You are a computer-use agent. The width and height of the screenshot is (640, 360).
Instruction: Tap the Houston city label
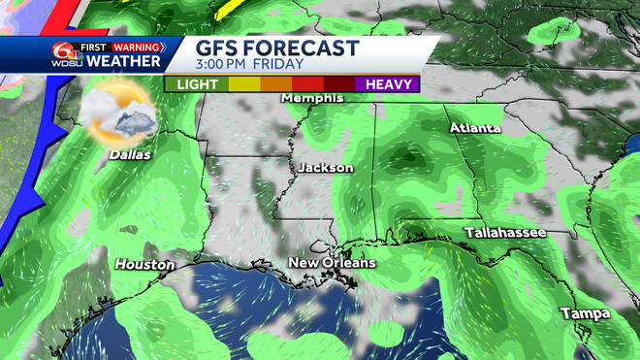(x=144, y=264)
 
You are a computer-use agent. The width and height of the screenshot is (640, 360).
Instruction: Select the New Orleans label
(x=332, y=263)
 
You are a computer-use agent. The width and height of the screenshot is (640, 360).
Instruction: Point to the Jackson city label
(x=326, y=168)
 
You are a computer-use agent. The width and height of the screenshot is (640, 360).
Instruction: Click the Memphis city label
(x=312, y=99)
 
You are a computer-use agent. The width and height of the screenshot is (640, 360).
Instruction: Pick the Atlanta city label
(x=475, y=128)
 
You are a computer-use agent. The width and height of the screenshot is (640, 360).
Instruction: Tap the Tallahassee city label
(x=505, y=233)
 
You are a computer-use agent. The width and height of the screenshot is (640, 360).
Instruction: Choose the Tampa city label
(x=585, y=313)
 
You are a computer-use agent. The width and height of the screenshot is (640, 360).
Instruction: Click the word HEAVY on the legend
(x=387, y=84)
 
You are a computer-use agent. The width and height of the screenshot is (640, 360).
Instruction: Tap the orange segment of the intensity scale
(x=275, y=84)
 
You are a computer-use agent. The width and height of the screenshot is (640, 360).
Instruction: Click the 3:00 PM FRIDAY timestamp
(x=250, y=64)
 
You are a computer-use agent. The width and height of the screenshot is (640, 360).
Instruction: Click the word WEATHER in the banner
(x=123, y=62)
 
